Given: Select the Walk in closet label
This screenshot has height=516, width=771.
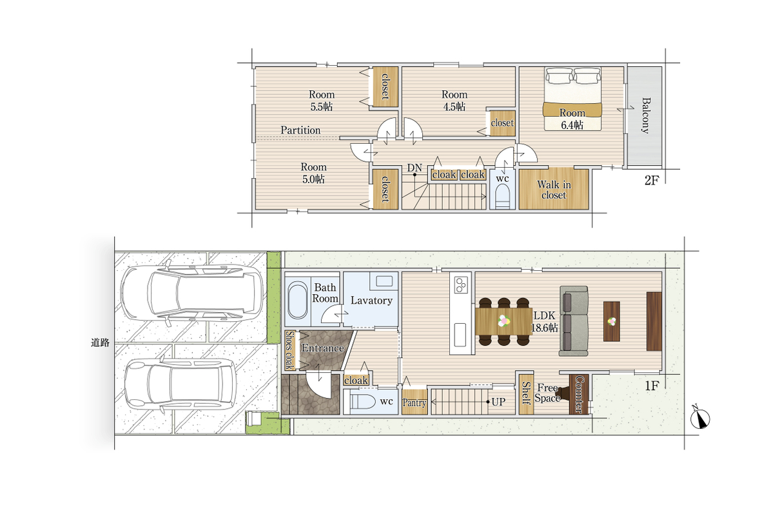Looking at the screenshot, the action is coord(554,190).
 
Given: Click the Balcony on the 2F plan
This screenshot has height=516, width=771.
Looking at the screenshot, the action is coord(644,117).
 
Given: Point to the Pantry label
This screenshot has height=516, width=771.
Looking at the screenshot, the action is coord(414,402).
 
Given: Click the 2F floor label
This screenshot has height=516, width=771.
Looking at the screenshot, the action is coord(651,181).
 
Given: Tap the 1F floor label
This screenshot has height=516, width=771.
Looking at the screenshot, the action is coord(651,386).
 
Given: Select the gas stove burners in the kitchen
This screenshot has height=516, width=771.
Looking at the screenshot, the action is coord(461,285).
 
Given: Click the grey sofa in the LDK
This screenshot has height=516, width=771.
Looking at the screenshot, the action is coord(573,321).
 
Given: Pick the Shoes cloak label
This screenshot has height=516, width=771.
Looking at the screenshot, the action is coord(289,350).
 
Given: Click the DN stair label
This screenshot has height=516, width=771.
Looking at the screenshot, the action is coord(414,168).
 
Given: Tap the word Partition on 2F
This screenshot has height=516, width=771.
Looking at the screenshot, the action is coord(300,130).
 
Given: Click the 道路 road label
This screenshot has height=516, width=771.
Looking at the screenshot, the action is coord(100,343).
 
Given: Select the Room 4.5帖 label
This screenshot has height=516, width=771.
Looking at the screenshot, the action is coord(454,101).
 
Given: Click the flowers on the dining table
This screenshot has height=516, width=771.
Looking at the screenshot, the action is coord(503,321).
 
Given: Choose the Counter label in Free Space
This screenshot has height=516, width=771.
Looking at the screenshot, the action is coord(579,394).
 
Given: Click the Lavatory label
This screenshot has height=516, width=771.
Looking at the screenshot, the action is coord(371,301).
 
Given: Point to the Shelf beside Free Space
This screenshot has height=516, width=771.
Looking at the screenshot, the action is coord(525,393).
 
